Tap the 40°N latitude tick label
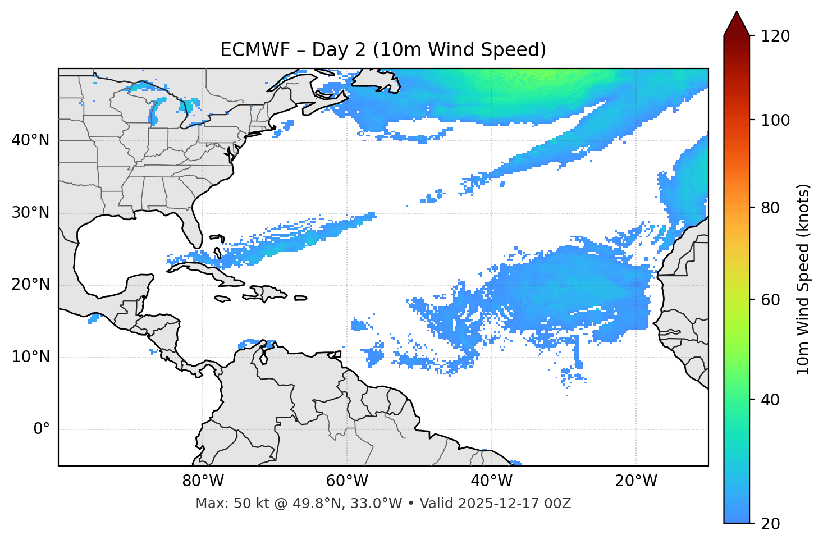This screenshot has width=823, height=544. click(30, 140)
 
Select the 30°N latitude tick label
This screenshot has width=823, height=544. click(30, 213)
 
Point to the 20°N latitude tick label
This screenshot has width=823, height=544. click(30, 285)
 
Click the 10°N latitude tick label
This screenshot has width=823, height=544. click(30, 357)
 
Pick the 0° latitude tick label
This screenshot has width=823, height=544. click(41, 429)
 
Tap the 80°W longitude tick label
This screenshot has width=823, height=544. click(203, 481)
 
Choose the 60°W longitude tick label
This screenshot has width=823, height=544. click(347, 481)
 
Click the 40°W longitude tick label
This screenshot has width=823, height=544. click(491, 481)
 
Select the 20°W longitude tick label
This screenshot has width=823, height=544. click(635, 481)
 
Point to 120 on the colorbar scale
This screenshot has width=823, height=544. click(775, 36)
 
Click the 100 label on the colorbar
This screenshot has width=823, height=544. click(775, 120)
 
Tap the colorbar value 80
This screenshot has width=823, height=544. click(771, 208)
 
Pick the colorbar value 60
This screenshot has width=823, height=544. click(771, 300)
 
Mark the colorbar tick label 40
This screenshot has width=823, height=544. click(771, 400)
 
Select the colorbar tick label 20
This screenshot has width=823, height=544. click(771, 524)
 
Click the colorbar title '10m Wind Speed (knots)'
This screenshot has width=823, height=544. click(803, 280)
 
